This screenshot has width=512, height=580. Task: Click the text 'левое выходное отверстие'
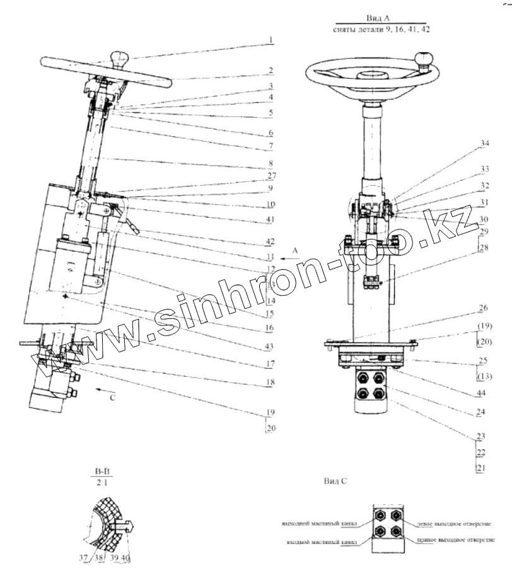453,523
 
